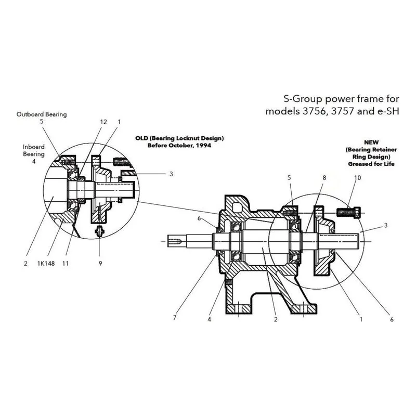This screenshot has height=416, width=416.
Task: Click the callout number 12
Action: point(103,122)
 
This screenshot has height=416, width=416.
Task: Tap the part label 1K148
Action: point(46,264)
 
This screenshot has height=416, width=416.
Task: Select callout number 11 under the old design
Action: point(66,264)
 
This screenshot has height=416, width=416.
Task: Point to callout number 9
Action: point(100,264)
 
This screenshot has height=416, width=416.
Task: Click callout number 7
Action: point(175,318)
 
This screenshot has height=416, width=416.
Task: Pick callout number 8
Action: point(324,178)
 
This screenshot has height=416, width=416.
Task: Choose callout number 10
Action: point(358,178)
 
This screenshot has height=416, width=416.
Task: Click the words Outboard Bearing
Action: point(42,114)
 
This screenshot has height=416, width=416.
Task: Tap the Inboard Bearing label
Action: point(34,150)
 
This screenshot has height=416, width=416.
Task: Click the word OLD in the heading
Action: point(141,138)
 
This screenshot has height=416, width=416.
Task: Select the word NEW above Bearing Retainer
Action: point(371,142)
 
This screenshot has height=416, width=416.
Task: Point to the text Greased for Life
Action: point(371,164)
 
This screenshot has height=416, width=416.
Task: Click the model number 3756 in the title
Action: point(314,111)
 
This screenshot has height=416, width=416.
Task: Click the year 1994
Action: point(203,146)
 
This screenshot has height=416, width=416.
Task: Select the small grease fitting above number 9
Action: point(99,231)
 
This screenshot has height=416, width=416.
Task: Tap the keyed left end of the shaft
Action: point(176,241)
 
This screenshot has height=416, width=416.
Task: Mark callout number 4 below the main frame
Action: point(210,319)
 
